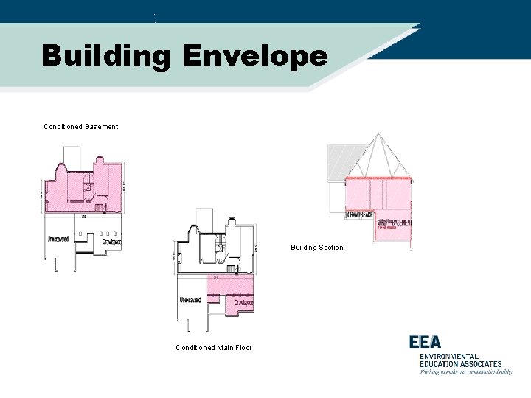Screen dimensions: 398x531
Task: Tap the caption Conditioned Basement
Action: [x=80, y=127]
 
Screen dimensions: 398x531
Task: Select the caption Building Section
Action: [x=316, y=248]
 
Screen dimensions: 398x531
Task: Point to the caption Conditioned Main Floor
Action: [x=213, y=348]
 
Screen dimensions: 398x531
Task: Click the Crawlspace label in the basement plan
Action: [x=112, y=241]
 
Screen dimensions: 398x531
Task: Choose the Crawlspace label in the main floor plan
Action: [x=243, y=303]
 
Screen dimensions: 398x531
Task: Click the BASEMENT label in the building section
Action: [x=401, y=222]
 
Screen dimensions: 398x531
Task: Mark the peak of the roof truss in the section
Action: [x=379, y=135]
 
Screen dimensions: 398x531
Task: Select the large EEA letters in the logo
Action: [x=425, y=342]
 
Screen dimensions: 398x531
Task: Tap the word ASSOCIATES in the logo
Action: [x=479, y=363]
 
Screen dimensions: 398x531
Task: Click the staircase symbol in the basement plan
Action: [x=88, y=188]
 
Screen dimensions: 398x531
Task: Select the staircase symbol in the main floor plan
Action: [x=219, y=250]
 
